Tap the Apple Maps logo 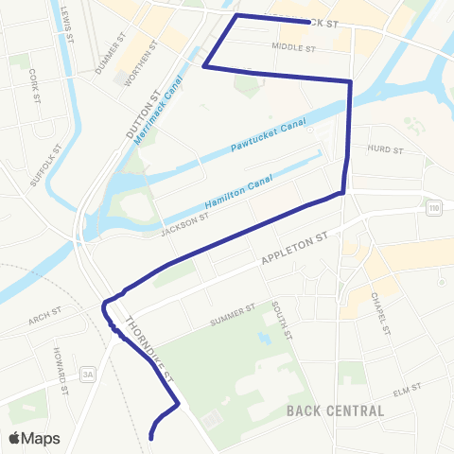pyautogui.click(x=34, y=438)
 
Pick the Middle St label pyautogui.click(x=291, y=45)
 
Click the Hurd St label pyautogui.click(x=385, y=149)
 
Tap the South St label pyautogui.click(x=282, y=322)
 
